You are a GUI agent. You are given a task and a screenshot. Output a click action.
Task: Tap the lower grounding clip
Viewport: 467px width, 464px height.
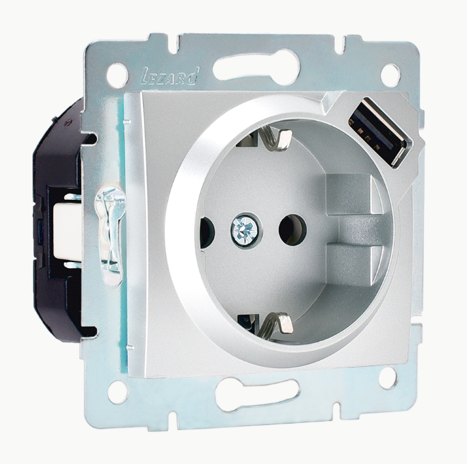click(x=271, y=323)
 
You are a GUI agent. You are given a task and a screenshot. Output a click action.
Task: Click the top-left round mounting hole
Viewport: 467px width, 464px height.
click(x=116, y=75)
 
